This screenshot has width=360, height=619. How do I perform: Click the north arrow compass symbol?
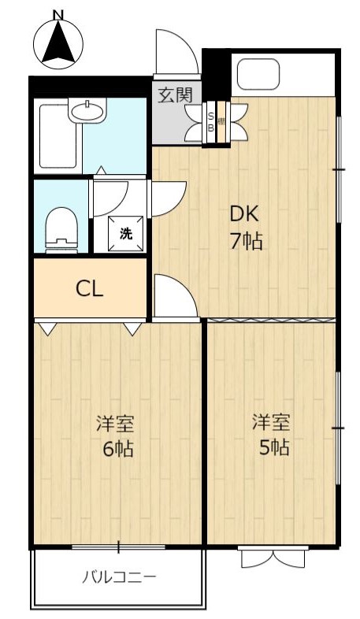pyautogui.click(x=58, y=43)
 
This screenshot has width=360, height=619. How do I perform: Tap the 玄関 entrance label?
pyautogui.click(x=175, y=95)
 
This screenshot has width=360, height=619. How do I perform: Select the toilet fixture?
pyautogui.click(x=61, y=230)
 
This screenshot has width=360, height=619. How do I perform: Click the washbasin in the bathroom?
pyautogui.click(x=87, y=109)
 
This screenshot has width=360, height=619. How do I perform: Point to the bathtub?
pyautogui.click(x=58, y=136)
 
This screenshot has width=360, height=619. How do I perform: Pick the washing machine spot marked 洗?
pyautogui.click(x=126, y=233)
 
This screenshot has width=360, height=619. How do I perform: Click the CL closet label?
pyautogui.click(x=90, y=289)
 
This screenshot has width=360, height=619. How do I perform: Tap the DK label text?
pyautogui.click(x=244, y=215)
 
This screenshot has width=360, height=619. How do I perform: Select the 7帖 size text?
pyautogui.click(x=247, y=241)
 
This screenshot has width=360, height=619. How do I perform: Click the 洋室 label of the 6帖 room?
pyautogui.click(x=116, y=424)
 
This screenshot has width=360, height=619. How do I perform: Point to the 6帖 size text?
pyautogui.click(x=118, y=448)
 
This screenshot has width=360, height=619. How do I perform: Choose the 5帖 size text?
pyautogui.click(x=274, y=447)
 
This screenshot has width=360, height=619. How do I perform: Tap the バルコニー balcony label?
pyautogui.click(x=119, y=577)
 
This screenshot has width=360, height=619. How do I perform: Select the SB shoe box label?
pyautogui.click(x=211, y=122)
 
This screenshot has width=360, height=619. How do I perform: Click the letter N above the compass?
pyautogui.click(x=58, y=14)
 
